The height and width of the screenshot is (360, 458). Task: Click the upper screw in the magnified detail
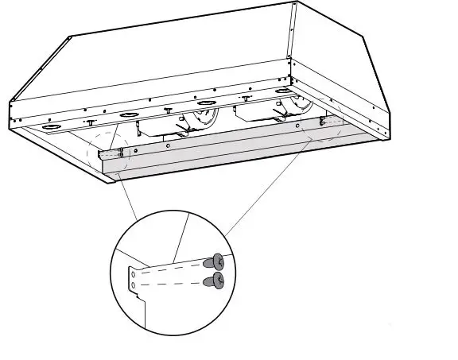click(x=214, y=261)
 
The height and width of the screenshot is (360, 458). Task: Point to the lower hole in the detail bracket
click(x=134, y=282)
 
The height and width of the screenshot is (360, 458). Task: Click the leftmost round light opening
click(x=53, y=127)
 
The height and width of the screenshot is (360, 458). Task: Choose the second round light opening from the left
click(x=127, y=116)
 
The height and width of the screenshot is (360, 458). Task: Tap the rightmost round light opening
click(x=282, y=93)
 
